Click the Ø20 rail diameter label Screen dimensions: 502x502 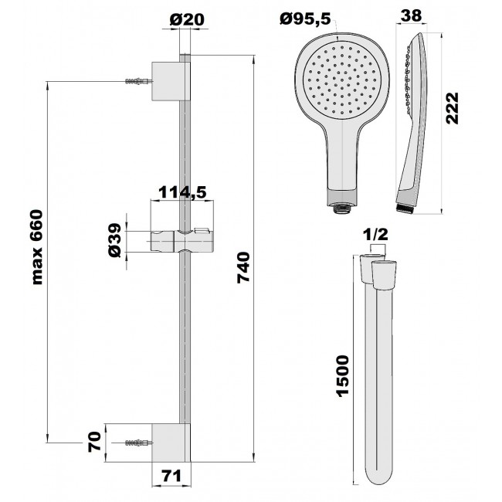(187, 19)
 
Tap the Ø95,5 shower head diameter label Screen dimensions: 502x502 (305, 19)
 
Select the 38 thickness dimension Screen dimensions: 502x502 (412, 15)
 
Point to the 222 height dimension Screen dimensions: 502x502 (453, 108)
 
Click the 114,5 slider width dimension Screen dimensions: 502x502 (183, 192)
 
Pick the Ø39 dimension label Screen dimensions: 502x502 (115, 240)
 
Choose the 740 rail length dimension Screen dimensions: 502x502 (243, 268)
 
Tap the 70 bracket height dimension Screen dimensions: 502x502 (94, 442)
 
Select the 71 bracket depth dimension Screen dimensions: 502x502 (171, 476)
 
